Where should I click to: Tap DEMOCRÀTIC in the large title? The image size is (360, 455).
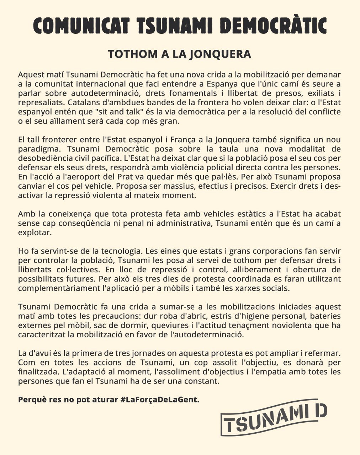pyautogui.click(x=273, y=26)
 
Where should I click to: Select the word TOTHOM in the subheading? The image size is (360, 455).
pyautogui.click(x=128, y=54)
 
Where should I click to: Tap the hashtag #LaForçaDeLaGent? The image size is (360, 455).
pyautogui.click(x=160, y=400)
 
